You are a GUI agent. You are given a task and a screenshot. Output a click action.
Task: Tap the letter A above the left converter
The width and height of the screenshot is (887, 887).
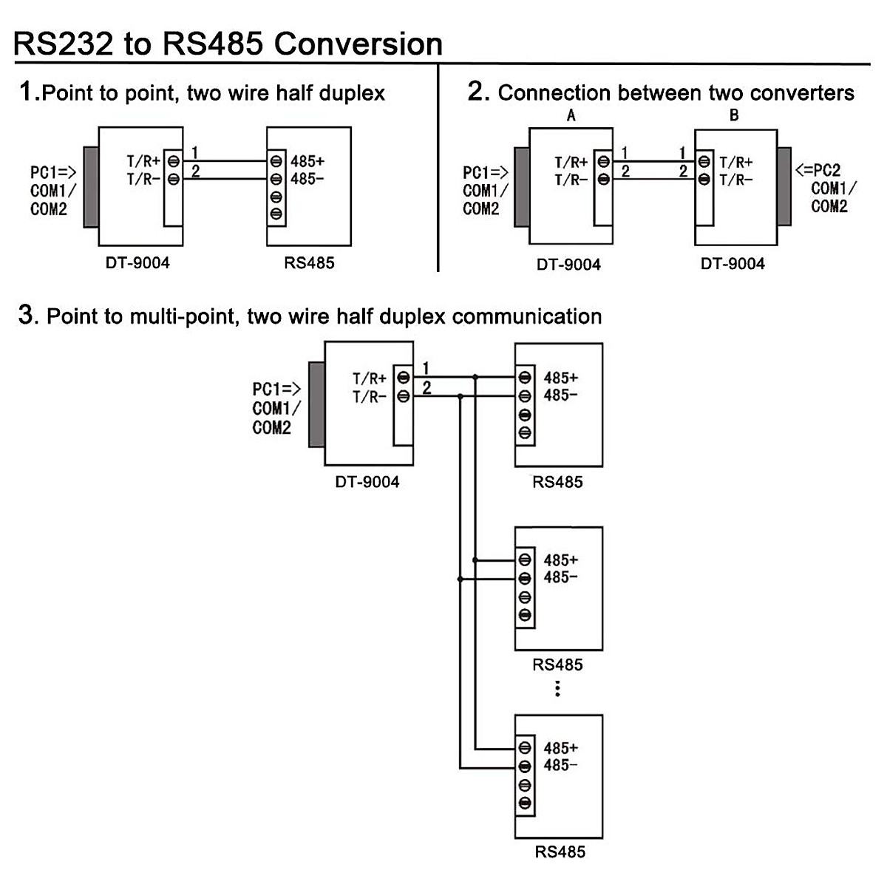pyautogui.click(x=571, y=115)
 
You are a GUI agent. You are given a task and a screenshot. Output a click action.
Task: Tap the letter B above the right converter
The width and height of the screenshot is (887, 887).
pyautogui.click(x=733, y=115)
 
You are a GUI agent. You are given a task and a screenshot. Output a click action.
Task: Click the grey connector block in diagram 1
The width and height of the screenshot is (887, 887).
pyautogui.click(x=91, y=186)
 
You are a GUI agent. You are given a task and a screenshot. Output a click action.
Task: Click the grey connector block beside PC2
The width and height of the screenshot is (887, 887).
pyautogui.click(x=784, y=186)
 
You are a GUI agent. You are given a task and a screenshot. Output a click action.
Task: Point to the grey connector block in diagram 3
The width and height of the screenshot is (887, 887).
pyautogui.click(x=317, y=404)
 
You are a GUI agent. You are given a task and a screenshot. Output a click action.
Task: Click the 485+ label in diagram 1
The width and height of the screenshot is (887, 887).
pyautogui.click(x=307, y=160)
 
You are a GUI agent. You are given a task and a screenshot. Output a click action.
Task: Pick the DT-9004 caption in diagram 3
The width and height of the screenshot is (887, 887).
pyautogui.click(x=367, y=482)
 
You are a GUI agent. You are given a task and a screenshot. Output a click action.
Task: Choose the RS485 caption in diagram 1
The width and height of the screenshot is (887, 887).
pyautogui.click(x=309, y=262)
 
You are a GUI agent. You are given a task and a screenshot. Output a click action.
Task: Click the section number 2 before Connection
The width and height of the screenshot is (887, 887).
pyautogui.click(x=478, y=92)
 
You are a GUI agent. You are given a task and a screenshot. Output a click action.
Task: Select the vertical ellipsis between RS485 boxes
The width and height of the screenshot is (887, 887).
pyautogui.click(x=557, y=690)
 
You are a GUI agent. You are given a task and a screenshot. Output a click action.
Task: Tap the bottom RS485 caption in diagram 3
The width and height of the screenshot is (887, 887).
pyautogui.click(x=560, y=852)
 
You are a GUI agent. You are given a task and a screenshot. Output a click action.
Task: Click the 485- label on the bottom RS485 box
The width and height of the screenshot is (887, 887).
pyautogui.click(x=560, y=765)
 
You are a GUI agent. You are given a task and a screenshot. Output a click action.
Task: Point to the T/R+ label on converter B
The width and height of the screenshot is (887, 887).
pyautogui.click(x=736, y=163)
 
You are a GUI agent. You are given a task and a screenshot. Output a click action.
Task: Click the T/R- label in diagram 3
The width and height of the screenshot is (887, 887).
pyautogui.click(x=370, y=397)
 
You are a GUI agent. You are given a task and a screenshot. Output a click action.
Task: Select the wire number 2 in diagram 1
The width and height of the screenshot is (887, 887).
pyautogui.click(x=196, y=171)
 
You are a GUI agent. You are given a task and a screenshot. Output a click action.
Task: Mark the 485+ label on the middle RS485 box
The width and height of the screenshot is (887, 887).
pyautogui.click(x=560, y=560)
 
